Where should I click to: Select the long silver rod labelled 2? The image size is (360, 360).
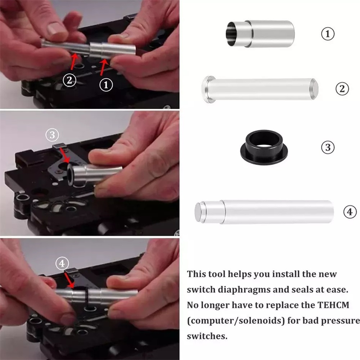pyautogui.click(x=260, y=89)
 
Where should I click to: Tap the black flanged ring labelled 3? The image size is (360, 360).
pyautogui.click(x=264, y=147)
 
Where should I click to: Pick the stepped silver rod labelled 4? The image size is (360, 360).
pyautogui.click(x=264, y=212)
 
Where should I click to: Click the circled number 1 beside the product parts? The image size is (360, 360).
pyautogui.click(x=328, y=34)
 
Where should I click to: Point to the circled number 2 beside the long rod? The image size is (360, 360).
pyautogui.click(x=342, y=89)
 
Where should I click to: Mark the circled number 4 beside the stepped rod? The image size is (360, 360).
pyautogui.click(x=350, y=212)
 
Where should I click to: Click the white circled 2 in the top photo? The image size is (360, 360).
pyautogui.click(x=69, y=80)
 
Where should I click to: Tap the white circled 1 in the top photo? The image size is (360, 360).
pyautogui.click(x=106, y=85)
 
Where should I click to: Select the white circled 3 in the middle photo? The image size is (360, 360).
pyautogui.click(x=52, y=135)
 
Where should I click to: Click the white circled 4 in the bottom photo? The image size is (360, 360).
pyautogui.click(x=62, y=263)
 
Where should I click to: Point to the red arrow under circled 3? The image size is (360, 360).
pyautogui.click(x=64, y=156)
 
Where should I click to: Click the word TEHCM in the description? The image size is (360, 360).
pyautogui.click(x=333, y=305)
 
